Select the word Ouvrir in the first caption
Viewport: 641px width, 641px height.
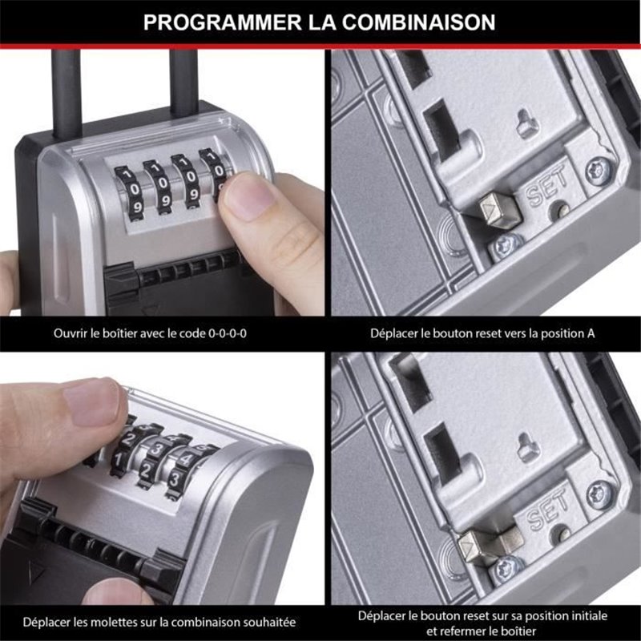[71, 333]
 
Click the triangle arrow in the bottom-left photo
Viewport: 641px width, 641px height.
[31, 574]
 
